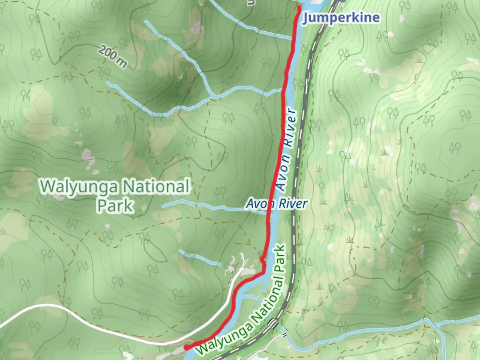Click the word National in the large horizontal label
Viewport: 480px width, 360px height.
pos(155,186)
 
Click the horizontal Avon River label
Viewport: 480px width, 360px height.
pos(276,203)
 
